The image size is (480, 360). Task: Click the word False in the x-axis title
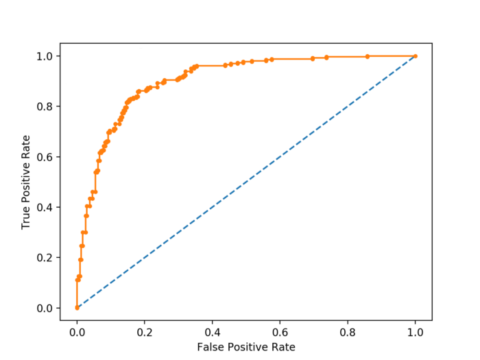click(210, 347)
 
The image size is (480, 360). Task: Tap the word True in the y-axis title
click(27, 218)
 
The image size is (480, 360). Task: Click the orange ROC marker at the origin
click(77, 308)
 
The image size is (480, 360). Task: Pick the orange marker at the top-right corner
click(415, 56)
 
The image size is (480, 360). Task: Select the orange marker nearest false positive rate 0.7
click(313, 58)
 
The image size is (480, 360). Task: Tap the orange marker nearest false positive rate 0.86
click(368, 56)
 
